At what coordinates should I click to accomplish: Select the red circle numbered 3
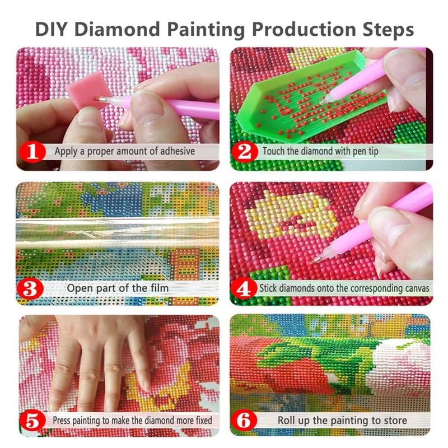[33, 290]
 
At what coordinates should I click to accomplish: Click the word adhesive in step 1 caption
[173, 151]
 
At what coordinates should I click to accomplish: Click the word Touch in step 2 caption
[275, 151]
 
